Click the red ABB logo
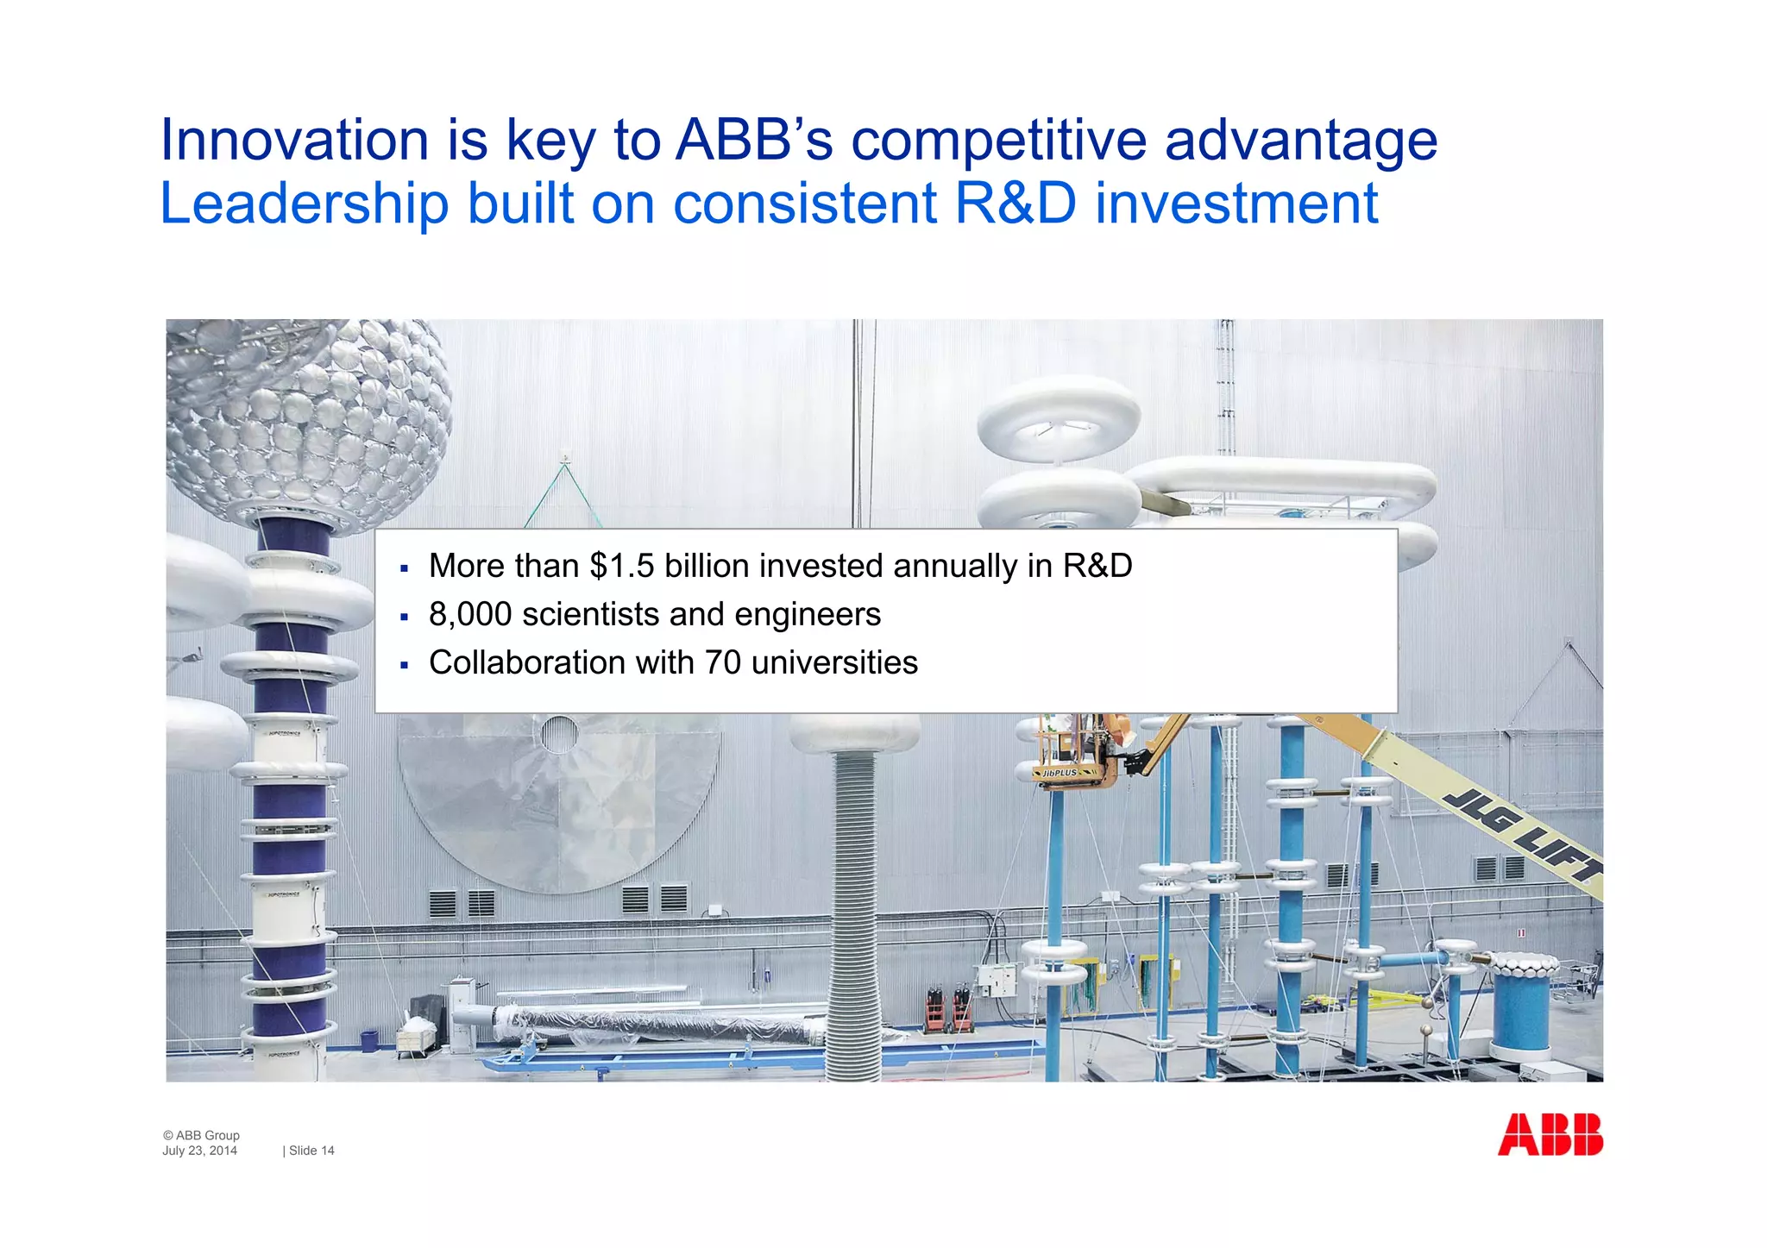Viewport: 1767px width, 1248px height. tap(1550, 1134)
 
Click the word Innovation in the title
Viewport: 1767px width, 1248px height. tap(294, 140)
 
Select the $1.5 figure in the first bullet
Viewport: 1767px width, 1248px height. tap(622, 566)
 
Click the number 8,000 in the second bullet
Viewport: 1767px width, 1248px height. tap(469, 614)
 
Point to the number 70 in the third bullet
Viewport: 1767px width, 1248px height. tap(723, 662)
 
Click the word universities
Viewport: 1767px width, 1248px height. tap(834, 662)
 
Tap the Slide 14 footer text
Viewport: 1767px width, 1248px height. tap(311, 1151)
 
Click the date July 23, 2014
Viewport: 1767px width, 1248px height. tap(199, 1151)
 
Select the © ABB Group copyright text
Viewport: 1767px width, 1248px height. tap(201, 1135)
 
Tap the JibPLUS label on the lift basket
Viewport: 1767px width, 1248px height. tap(1060, 773)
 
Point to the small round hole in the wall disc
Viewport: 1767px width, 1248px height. tap(559, 734)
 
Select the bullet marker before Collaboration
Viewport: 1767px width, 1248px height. tap(404, 665)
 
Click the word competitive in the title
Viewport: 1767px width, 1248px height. tap(998, 140)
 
